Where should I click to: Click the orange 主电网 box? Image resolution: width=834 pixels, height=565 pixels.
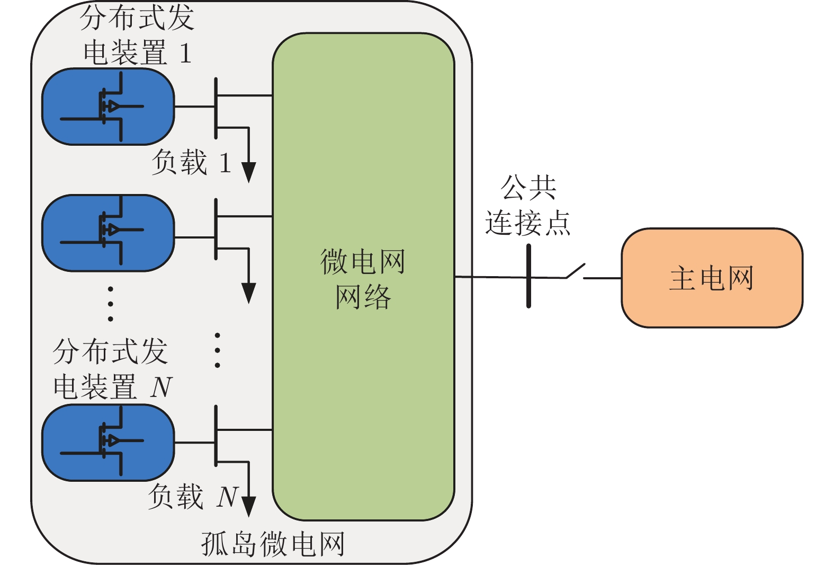(711, 278)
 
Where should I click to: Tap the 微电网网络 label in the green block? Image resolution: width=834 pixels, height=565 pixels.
(363, 279)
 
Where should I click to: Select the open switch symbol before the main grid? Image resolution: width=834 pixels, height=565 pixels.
(576, 271)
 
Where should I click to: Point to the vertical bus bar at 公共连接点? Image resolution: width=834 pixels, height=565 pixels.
(528, 276)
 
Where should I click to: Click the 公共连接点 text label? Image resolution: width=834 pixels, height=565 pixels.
(528, 205)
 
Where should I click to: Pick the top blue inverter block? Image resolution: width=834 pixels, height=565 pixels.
(108, 107)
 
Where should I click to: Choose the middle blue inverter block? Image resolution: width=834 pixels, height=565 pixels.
(108, 233)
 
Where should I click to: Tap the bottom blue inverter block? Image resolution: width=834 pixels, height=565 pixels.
(108, 443)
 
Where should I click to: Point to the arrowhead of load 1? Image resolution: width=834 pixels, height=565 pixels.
(248, 172)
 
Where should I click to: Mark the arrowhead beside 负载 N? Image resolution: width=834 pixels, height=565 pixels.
(248, 506)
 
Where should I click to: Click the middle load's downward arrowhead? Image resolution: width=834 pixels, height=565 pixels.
(248, 293)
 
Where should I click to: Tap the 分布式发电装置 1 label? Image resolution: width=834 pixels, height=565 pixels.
(137, 35)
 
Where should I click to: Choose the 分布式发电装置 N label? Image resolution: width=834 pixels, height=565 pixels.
(112, 369)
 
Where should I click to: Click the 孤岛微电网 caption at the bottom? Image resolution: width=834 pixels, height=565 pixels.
(273, 544)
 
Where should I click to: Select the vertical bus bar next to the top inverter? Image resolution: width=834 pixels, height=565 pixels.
(216, 108)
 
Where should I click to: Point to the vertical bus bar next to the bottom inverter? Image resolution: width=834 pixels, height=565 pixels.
(216, 436)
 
